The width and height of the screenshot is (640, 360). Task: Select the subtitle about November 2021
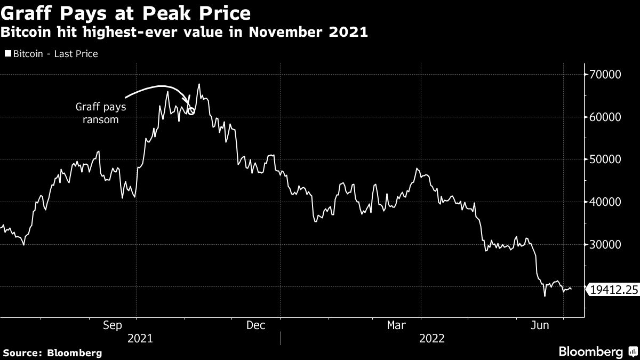point(185,32)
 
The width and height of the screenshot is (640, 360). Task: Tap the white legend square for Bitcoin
point(8,54)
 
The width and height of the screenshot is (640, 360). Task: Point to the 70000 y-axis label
point(605,74)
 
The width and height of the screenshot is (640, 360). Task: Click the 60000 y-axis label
point(605,117)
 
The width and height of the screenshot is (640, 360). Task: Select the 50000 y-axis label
point(605,159)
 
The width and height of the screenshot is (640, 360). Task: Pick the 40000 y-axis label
point(605,202)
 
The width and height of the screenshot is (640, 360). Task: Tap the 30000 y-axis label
point(605,245)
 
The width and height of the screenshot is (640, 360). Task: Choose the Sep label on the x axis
point(113,325)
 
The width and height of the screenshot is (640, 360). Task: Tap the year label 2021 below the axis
point(140,339)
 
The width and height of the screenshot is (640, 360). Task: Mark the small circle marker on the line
point(191,111)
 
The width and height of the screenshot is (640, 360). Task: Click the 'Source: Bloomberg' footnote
point(52,353)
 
